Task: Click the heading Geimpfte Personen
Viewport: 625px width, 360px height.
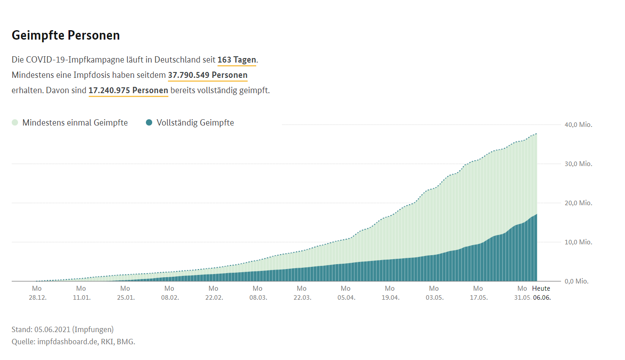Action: pos(66,35)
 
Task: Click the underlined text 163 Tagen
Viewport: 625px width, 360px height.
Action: pos(236,60)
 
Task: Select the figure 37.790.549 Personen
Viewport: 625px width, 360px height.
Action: pos(208,75)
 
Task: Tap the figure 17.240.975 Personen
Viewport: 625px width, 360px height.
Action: pos(128,90)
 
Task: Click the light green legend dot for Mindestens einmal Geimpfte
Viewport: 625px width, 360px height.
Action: pos(15,122)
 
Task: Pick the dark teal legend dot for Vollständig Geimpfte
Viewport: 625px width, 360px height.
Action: pos(149,122)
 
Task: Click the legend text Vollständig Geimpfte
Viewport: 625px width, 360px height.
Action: pos(195,122)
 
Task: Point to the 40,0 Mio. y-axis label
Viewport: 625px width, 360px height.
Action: pos(578,125)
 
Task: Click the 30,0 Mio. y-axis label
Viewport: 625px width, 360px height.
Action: pos(578,164)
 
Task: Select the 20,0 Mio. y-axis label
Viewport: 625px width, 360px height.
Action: pos(578,203)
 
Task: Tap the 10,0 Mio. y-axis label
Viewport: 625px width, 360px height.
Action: pos(578,242)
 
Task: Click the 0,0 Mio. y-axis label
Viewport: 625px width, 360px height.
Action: pos(576,281)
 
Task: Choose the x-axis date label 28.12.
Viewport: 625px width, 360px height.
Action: pos(37,297)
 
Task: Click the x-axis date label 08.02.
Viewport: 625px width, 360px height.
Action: pos(169,297)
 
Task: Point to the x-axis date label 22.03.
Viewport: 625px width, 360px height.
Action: pos(302,297)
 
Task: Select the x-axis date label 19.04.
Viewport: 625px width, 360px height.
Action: pos(390,297)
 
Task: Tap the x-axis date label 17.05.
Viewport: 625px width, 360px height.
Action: pos(478,297)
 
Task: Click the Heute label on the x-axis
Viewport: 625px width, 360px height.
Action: pos(541,288)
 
